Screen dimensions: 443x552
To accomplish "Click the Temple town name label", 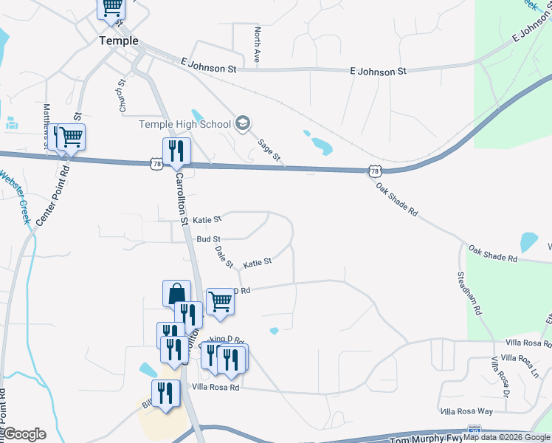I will (119, 41).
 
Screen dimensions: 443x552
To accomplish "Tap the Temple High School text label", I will (185, 124).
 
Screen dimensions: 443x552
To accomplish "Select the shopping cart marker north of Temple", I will (111, 7).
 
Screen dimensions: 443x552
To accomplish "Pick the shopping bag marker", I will (177, 293).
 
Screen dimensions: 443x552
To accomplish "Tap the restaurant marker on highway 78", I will (176, 151).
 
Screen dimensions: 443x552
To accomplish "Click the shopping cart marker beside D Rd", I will (220, 301).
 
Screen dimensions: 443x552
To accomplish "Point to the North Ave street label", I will (257, 47).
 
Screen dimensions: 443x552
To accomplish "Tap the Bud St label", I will (209, 239).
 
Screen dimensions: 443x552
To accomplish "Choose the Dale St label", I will (224, 257).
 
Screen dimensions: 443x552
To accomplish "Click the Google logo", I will (24, 433).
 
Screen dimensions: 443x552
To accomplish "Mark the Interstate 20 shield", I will (475, 429).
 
